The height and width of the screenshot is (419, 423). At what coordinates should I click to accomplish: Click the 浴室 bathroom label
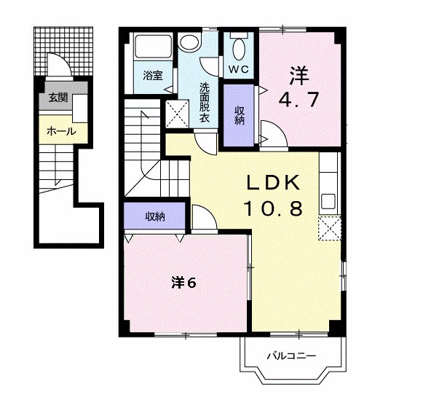pyautogui.click(x=153, y=75)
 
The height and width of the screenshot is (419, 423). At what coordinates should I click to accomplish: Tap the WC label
pyautogui.click(x=239, y=69)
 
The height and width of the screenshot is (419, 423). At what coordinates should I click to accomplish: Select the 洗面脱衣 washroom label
pyautogui.click(x=205, y=103)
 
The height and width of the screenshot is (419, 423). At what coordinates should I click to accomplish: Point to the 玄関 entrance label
pyautogui.click(x=58, y=97)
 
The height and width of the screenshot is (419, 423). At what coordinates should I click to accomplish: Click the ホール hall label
pyautogui.click(x=61, y=131)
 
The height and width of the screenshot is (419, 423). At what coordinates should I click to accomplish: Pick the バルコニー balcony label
pyautogui.click(x=291, y=356)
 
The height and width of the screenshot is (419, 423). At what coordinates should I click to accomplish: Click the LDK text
pyautogui.click(x=273, y=183)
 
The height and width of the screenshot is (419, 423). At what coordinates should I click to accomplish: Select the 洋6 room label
pyautogui.click(x=183, y=283)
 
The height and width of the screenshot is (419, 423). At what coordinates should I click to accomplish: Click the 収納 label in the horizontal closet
pyautogui.click(x=155, y=216)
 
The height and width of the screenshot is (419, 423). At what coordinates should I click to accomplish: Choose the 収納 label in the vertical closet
pyautogui.click(x=239, y=115)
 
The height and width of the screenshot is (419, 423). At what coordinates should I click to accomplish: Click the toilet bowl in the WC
pyautogui.click(x=239, y=50)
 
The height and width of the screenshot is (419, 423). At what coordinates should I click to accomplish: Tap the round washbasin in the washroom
pyautogui.click(x=191, y=42)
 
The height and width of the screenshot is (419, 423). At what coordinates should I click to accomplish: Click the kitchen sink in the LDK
pyautogui.click(x=328, y=201)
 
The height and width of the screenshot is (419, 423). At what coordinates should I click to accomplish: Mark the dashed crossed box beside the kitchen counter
pyautogui.click(x=329, y=228)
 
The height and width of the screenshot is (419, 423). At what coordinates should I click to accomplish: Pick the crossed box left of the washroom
pyautogui.click(x=177, y=114)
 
